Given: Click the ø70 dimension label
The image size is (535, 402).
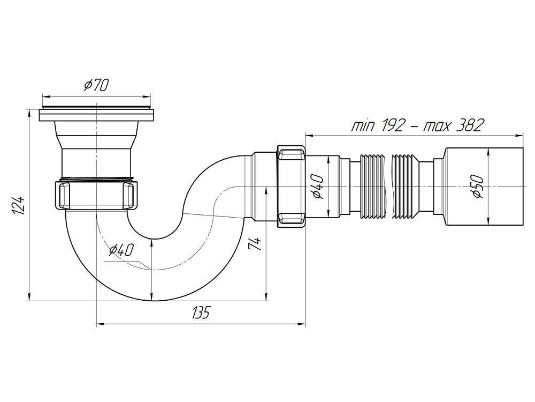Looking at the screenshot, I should point(97,85).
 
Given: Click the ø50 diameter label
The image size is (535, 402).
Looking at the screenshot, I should point(478,187).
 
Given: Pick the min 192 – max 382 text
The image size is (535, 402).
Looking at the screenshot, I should point(417,125).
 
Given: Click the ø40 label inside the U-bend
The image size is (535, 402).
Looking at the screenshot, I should point(120,250).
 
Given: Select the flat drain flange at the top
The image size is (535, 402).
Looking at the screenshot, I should point(97,115).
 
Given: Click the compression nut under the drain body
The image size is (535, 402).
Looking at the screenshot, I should point(97,196).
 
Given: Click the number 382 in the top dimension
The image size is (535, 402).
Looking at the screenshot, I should point(470,125).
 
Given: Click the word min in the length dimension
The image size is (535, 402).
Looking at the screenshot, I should point(363,126).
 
